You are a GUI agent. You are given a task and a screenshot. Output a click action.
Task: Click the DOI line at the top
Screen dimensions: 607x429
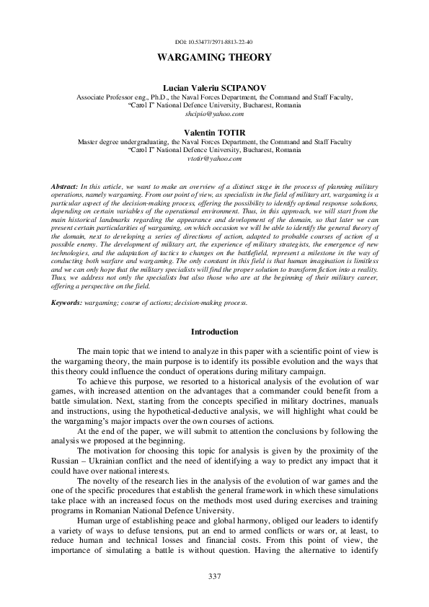coord(214,43)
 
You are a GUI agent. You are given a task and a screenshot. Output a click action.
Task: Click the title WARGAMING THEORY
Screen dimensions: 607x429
coord(214,57)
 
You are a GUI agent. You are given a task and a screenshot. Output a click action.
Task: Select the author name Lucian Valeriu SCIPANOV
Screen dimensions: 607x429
coord(214,87)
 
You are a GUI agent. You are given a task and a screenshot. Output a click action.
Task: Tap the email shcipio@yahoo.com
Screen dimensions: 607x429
coord(214,114)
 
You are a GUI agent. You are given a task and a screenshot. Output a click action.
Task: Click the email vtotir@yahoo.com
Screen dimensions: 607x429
coord(214,160)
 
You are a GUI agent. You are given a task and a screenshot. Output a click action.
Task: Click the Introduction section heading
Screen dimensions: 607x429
coord(214,332)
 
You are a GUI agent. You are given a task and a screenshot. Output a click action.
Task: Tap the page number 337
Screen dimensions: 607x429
coord(214,575)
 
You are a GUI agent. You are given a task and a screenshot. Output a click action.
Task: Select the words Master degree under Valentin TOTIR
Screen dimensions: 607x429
coord(100,142)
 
